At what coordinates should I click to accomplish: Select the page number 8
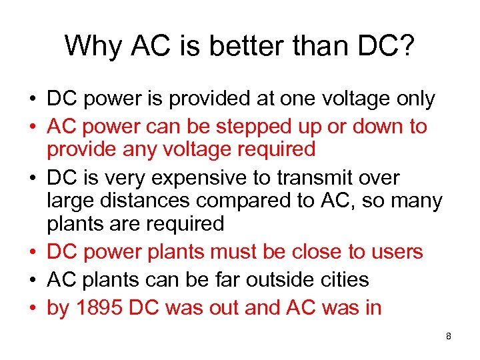coord(449,337)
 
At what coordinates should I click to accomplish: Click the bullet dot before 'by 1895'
coord(32,307)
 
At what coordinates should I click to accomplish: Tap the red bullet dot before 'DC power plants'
coord(32,251)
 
